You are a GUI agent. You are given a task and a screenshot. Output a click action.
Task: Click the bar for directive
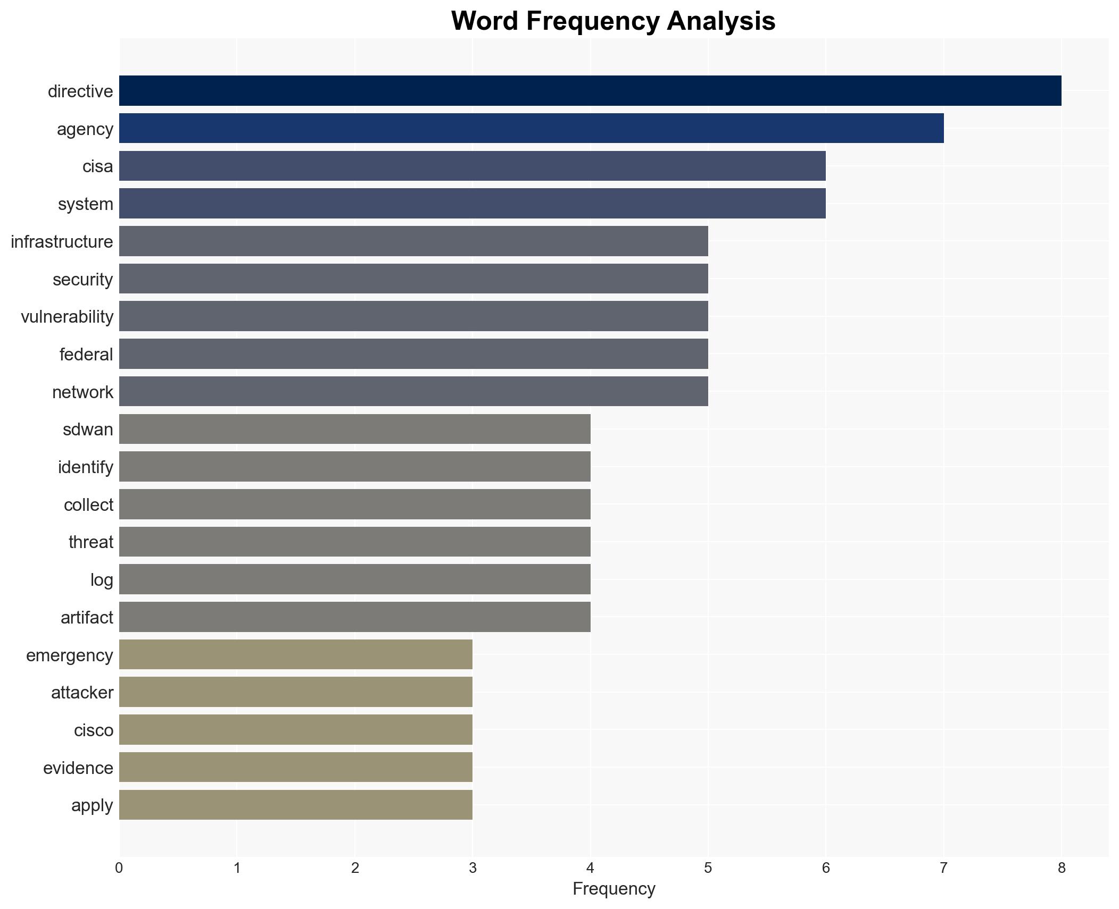point(590,91)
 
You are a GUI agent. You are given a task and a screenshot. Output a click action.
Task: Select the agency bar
point(531,129)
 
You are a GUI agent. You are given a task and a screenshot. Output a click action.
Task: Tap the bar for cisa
point(472,166)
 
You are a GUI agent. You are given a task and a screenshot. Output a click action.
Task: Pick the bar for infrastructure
point(413,241)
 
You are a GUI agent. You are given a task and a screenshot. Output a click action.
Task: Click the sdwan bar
point(354,429)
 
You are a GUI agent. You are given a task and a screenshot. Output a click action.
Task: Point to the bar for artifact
point(354,617)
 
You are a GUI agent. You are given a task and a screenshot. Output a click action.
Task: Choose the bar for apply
point(295,805)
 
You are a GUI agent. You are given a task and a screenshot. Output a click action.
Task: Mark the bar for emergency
point(295,655)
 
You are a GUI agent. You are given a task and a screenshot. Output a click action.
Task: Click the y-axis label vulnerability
point(67,317)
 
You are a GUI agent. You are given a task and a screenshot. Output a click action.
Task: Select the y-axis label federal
point(86,355)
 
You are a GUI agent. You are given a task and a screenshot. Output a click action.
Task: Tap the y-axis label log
point(102,580)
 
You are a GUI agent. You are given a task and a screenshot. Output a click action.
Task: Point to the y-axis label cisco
point(94,730)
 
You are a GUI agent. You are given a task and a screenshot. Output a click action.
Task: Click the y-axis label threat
point(91,542)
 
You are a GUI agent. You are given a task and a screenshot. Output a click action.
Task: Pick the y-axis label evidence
point(78,768)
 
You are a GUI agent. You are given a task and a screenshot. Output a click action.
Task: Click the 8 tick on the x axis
point(1062,869)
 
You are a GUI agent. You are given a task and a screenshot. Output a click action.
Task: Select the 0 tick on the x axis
point(119,869)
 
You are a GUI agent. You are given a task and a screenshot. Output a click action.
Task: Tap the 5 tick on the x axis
point(708,869)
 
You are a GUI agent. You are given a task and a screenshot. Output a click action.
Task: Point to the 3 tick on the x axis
point(473,869)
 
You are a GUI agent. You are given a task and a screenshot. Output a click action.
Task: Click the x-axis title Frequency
point(614,889)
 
